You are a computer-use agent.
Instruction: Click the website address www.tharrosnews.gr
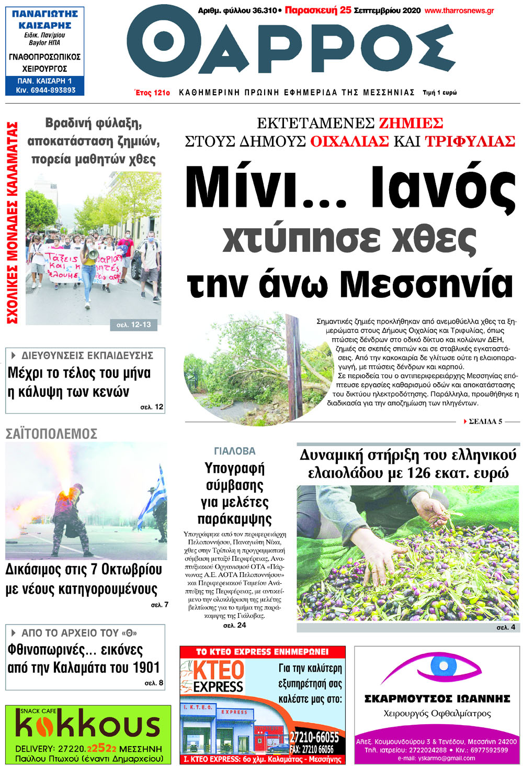(x=459, y=10)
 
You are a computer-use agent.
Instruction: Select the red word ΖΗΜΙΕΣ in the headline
(x=411, y=124)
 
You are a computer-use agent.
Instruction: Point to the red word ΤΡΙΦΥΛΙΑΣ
(x=470, y=141)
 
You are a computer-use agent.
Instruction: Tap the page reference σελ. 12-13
(x=134, y=325)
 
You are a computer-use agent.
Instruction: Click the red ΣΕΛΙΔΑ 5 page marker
(x=485, y=421)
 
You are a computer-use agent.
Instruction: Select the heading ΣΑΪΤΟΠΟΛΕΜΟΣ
(x=51, y=434)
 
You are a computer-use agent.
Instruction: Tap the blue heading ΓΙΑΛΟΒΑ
(x=235, y=451)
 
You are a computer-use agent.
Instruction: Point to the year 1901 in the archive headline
(x=142, y=668)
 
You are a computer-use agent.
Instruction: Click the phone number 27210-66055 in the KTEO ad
(x=314, y=737)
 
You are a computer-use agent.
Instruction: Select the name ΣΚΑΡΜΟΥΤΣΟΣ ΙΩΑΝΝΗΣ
(x=437, y=698)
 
